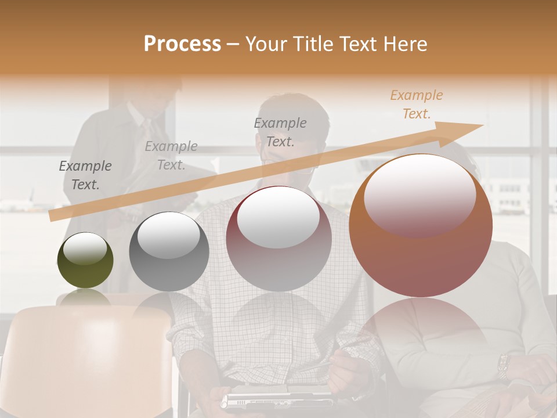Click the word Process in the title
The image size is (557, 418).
[x=182, y=44]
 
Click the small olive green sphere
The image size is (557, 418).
[x=85, y=261]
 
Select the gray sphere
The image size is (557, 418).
[x=169, y=253]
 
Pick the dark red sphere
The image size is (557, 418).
[x=279, y=239]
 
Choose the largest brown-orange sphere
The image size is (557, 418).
[x=421, y=226]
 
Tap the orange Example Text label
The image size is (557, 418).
[x=416, y=105]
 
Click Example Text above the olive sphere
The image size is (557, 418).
[x=85, y=175]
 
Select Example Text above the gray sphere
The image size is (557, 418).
[x=171, y=156]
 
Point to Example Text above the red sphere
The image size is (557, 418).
[x=280, y=132]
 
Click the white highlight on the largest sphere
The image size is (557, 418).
[x=419, y=194]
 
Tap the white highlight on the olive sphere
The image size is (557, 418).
[x=85, y=249]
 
